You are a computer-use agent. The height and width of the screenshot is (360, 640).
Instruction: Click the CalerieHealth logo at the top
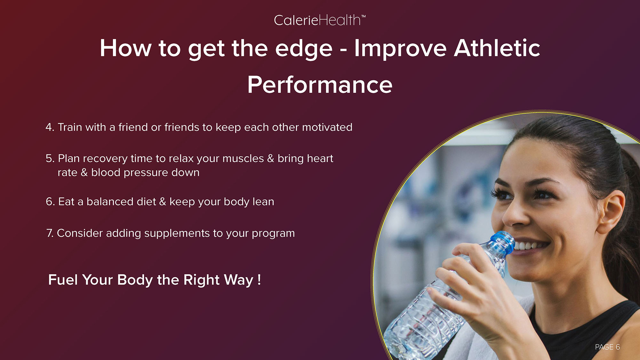pyautogui.click(x=320, y=20)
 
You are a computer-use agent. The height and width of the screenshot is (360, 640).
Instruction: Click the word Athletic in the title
pyautogui.click(x=497, y=48)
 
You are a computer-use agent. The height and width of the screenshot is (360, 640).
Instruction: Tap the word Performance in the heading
pyautogui.click(x=320, y=85)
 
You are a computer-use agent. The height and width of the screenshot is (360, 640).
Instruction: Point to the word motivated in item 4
pyautogui.click(x=327, y=127)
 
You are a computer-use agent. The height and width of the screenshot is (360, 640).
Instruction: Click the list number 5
pyautogui.click(x=50, y=158)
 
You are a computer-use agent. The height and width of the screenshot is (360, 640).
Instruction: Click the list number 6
pyautogui.click(x=50, y=202)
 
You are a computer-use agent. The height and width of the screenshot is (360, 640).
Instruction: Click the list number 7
pyautogui.click(x=50, y=233)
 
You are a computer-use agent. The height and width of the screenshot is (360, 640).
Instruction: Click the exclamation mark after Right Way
pyautogui.click(x=259, y=280)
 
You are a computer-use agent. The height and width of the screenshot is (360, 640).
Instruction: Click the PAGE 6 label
pyautogui.click(x=607, y=347)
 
